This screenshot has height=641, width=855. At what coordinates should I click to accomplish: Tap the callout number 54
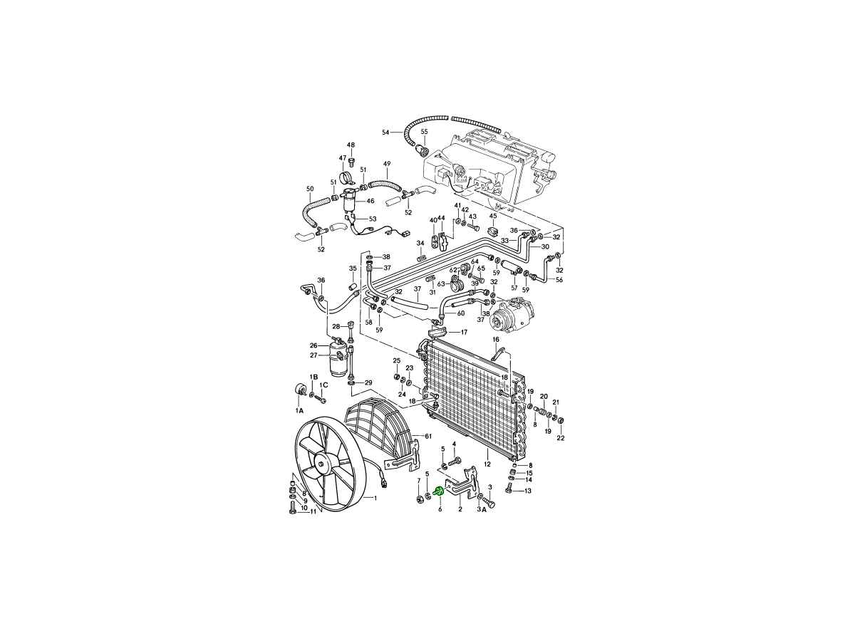click(385, 132)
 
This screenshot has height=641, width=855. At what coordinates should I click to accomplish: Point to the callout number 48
click(351, 145)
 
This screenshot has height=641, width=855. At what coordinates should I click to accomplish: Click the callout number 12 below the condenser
click(487, 464)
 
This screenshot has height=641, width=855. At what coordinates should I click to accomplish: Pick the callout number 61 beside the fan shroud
click(428, 437)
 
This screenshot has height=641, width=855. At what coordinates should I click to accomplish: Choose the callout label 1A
click(299, 410)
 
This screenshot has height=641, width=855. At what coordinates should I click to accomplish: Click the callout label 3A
click(482, 510)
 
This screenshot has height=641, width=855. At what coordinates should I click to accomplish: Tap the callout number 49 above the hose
click(387, 164)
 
